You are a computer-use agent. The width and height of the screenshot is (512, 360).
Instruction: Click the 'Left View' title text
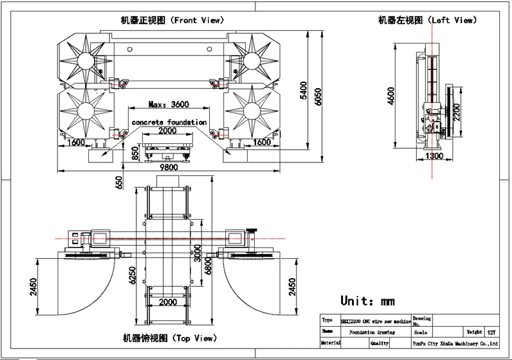(427, 20)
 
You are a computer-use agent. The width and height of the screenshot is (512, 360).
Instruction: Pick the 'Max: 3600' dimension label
(168, 104)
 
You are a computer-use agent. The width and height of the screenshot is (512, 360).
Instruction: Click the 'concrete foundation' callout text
(169, 121)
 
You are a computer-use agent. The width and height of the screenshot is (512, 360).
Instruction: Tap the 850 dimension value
(135, 153)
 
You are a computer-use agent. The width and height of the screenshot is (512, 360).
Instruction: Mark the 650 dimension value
(118, 183)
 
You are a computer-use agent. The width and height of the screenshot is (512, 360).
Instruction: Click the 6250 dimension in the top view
(132, 275)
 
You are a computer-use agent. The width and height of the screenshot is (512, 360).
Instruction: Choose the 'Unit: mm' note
(367, 301)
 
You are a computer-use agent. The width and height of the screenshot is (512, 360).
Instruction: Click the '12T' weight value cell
(491, 333)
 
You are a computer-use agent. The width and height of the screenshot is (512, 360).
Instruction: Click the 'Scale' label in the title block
(421, 333)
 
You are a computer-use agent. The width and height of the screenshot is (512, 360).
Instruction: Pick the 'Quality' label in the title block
(380, 343)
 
